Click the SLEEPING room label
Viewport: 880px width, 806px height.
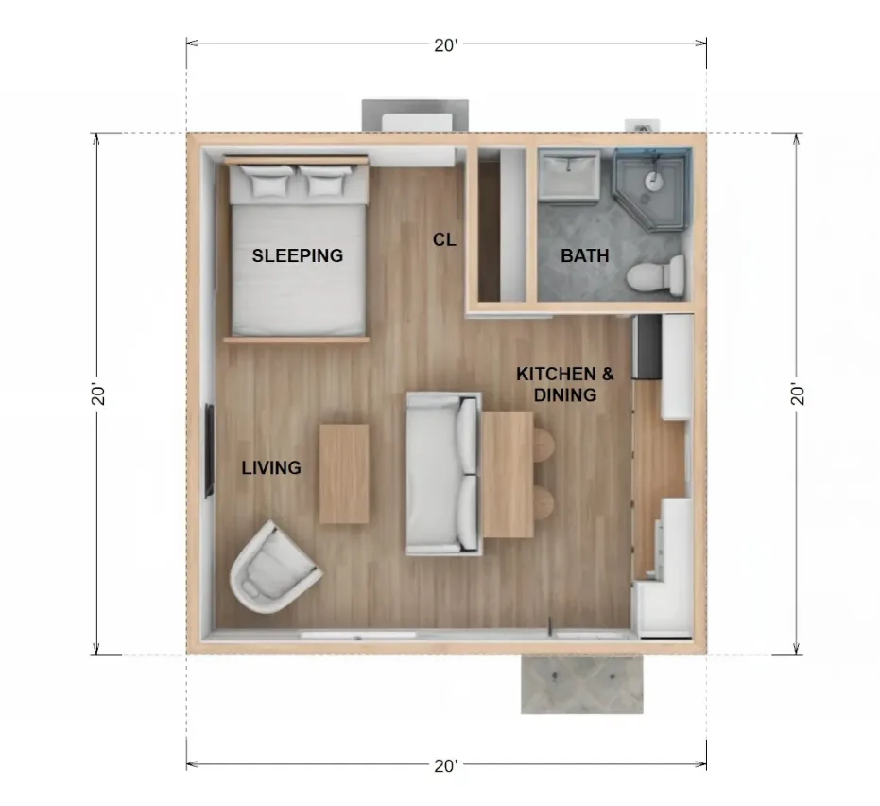pyautogui.click(x=298, y=255)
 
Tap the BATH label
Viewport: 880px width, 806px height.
pyautogui.click(x=585, y=255)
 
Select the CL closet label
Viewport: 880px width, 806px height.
pyautogui.click(x=444, y=240)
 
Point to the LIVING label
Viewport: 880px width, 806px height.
pyautogui.click(x=271, y=468)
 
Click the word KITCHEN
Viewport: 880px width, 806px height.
pyautogui.click(x=557, y=374)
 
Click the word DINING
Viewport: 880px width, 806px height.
pyautogui.click(x=565, y=394)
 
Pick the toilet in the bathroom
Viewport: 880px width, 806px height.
pyautogui.click(x=656, y=275)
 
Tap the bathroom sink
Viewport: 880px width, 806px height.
pyautogui.click(x=568, y=173)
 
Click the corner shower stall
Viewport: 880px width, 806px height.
pyautogui.click(x=652, y=188)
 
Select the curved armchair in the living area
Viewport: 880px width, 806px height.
pyautogui.click(x=273, y=569)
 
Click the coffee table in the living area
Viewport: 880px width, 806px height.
pyautogui.click(x=344, y=474)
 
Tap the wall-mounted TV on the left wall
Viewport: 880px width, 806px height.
pyautogui.click(x=209, y=450)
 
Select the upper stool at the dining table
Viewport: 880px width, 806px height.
pyautogui.click(x=544, y=445)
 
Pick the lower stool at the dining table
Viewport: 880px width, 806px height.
pyautogui.click(x=544, y=502)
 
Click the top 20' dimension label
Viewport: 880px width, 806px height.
pyautogui.click(x=446, y=44)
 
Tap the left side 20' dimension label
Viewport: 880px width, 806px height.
pyautogui.click(x=98, y=394)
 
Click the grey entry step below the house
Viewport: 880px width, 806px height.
pyautogui.click(x=582, y=684)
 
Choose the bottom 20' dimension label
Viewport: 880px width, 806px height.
pyautogui.click(x=446, y=765)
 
